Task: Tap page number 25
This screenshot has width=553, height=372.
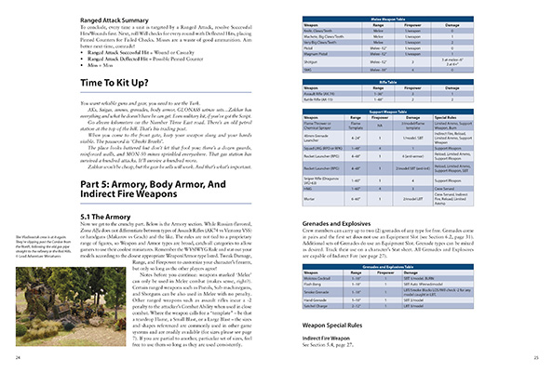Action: pos(536,357)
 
